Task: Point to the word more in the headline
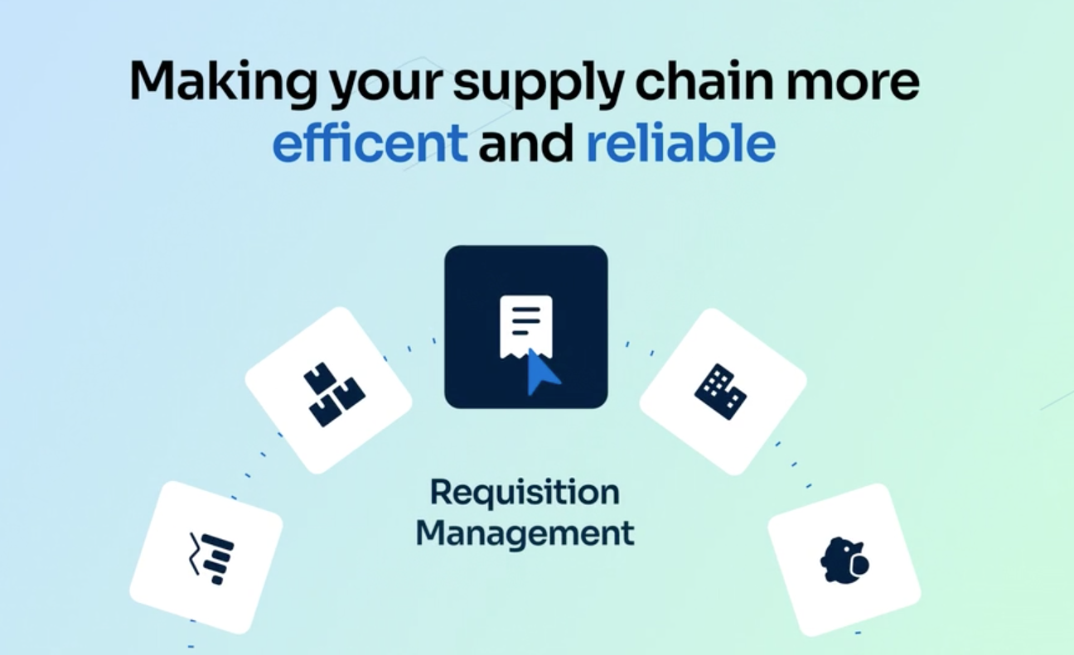point(861,83)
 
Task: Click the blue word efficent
point(370,143)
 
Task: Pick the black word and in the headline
point(526,143)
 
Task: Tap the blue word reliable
point(680,143)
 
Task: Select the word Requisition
point(525,494)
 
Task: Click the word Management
point(525,532)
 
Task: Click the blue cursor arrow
point(543,372)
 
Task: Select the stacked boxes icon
point(332,394)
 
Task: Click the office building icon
point(719,391)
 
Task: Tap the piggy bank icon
point(844,561)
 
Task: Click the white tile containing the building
point(723,391)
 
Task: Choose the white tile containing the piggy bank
point(844,559)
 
